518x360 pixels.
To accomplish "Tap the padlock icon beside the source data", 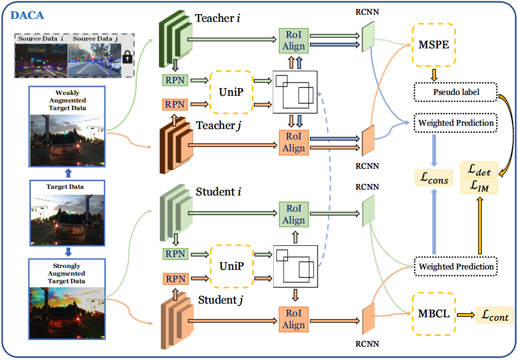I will tap(126, 58).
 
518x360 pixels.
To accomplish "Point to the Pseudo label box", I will tap(455, 92).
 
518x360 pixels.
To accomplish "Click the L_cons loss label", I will tap(434, 178).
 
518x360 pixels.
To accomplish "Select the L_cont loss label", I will tap(495, 314).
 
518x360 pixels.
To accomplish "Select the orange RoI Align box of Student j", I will tap(294, 319).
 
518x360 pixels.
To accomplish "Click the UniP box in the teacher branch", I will tap(231, 92).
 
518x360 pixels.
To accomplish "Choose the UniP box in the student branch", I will tap(231, 266).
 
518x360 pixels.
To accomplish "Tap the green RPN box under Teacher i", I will tap(175, 81).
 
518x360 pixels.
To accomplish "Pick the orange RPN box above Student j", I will tap(175, 278).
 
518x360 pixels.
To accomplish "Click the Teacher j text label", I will tap(215, 126).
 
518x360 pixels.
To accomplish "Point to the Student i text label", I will tap(216, 192).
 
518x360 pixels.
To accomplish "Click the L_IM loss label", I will tap(480, 186).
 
